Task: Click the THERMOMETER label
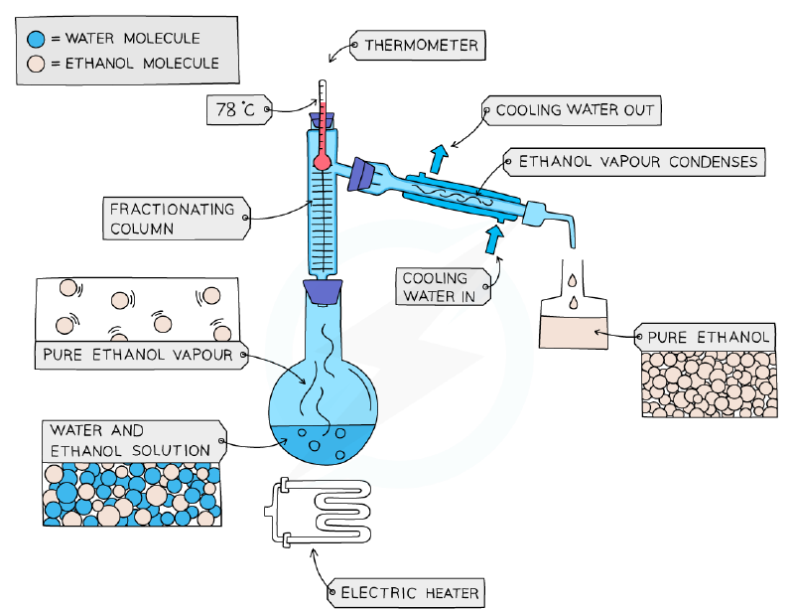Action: (x=418, y=46)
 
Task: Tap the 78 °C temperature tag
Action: (x=239, y=110)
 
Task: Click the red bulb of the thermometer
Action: (x=323, y=162)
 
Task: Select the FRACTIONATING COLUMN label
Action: (x=177, y=219)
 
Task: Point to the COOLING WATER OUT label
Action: (x=572, y=110)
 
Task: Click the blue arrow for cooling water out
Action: (x=439, y=158)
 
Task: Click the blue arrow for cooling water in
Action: (x=493, y=238)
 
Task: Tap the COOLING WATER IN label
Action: (x=443, y=286)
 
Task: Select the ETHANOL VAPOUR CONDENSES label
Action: (x=635, y=162)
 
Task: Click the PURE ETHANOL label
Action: (x=705, y=337)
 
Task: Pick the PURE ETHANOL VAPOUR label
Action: (x=141, y=355)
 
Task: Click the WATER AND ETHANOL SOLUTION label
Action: (x=134, y=441)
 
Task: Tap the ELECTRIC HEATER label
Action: (x=406, y=593)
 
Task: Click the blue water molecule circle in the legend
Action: (x=36, y=39)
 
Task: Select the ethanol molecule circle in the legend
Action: (x=36, y=64)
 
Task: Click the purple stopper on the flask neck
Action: (x=323, y=292)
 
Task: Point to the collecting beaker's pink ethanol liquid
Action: (x=574, y=333)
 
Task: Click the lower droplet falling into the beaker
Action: (x=573, y=303)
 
